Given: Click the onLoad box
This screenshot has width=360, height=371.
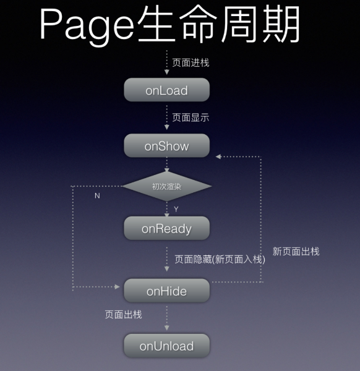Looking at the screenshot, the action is pos(166,90).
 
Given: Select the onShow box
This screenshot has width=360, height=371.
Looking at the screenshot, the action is pos(166,145).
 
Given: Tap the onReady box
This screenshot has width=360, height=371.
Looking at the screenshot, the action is pos(166,228).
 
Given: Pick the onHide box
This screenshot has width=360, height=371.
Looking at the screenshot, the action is pos(166,291).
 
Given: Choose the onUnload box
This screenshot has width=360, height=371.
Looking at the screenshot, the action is pos(166,346).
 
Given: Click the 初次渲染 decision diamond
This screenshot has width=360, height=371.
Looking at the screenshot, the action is pos(166,187).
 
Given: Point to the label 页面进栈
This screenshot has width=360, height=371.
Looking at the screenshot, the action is pos(191,63).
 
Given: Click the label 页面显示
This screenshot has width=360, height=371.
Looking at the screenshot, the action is pos(191,117).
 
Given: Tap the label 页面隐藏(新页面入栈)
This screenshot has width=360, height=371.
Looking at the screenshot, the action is pos(220,260).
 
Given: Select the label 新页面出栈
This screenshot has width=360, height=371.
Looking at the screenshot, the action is pos(296,251).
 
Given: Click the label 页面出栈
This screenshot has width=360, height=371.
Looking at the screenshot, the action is pos(123,315).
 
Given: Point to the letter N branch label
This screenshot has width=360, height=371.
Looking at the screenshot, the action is pos(97,195).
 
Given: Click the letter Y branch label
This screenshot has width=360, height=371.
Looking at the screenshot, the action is pos(176,209).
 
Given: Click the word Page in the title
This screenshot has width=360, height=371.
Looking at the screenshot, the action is pos(87,25).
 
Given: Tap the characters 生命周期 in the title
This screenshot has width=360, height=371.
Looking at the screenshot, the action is pos(219,24).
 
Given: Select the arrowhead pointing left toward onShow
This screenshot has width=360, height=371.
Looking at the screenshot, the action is pos(218,156).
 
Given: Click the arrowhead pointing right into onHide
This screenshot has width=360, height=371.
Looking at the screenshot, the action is pos(117,287).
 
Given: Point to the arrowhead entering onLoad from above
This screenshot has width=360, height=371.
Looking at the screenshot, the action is pos(166,72).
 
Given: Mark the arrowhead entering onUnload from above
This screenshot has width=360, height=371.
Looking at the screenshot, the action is pos(166,328).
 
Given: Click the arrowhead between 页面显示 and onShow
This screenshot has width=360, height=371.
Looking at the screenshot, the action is pos(166,127).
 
